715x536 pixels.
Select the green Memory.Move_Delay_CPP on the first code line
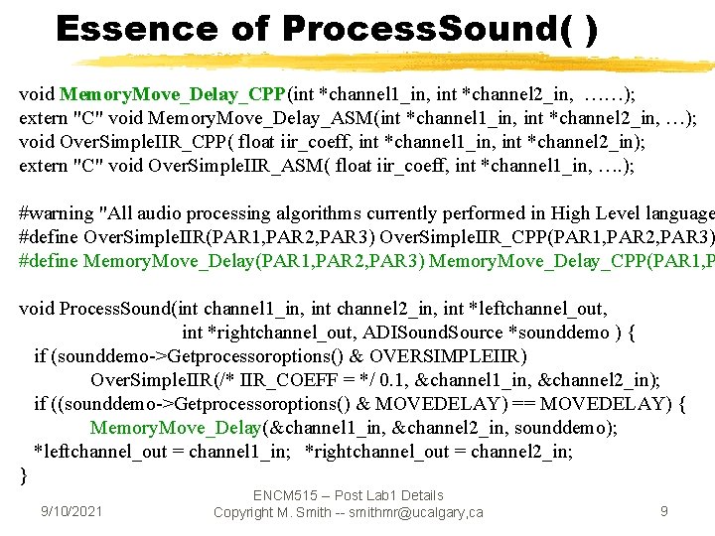click(x=172, y=94)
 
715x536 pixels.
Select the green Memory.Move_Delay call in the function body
click(x=177, y=428)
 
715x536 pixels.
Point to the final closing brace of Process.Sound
click(x=24, y=475)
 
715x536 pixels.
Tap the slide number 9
click(x=664, y=511)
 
